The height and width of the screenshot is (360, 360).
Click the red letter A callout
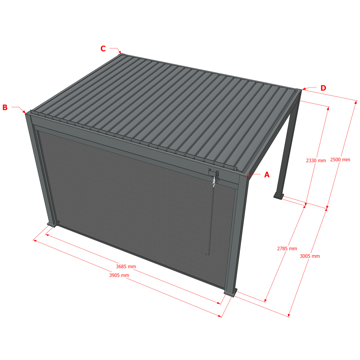(x=267, y=175)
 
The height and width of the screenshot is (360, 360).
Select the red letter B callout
(x=5, y=107)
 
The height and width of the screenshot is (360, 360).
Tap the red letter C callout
(x=103, y=49)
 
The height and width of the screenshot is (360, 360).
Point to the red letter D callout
(x=323, y=88)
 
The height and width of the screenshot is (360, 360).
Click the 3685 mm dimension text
(x=126, y=266)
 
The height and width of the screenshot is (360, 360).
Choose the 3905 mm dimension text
(x=119, y=275)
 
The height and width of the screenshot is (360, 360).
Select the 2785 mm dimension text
(x=287, y=249)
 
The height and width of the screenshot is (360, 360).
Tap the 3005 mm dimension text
(x=310, y=256)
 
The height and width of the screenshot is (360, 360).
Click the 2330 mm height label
(x=316, y=160)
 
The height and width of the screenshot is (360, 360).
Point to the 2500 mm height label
(x=340, y=160)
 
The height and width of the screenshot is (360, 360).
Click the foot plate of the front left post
(x=52, y=225)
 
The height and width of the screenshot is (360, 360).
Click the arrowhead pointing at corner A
(x=249, y=175)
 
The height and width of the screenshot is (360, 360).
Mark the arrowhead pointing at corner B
(x=24, y=112)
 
